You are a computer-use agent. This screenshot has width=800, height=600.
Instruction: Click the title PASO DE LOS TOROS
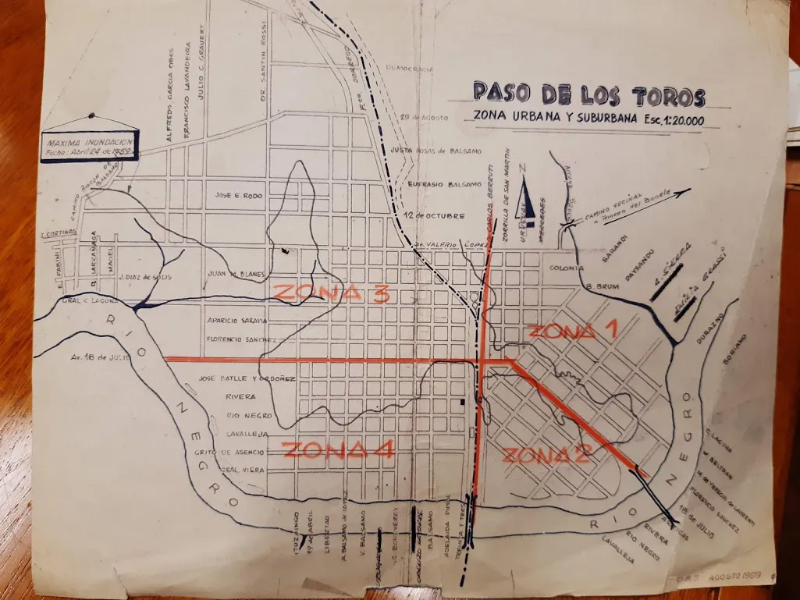point(588,94)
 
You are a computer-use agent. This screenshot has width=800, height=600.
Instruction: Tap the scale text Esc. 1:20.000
point(668,120)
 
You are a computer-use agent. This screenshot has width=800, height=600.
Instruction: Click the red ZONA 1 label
point(573,330)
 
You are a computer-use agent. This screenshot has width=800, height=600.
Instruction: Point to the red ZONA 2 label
point(545,455)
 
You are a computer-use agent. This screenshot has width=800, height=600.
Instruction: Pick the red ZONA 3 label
point(332,293)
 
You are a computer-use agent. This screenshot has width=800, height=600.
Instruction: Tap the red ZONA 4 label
point(338,450)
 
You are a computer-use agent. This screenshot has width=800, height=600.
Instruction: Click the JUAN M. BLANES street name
point(237,274)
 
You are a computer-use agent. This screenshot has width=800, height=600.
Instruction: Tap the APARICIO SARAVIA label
point(237,321)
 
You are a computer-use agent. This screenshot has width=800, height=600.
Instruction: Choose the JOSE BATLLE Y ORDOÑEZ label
point(246,378)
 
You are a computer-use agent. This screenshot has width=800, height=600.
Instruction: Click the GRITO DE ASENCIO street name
point(233,452)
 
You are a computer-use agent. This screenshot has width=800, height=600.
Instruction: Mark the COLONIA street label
point(567,268)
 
